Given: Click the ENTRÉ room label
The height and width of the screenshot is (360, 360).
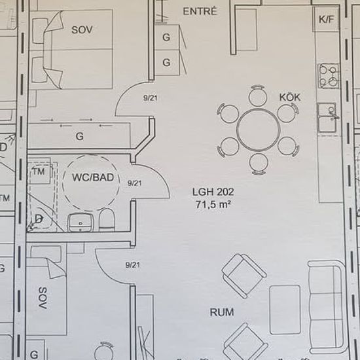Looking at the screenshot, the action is click(x=200, y=11).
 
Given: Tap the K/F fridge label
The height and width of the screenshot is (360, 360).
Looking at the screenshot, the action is click(x=326, y=20).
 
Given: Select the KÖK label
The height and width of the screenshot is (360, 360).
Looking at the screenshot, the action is click(x=290, y=98).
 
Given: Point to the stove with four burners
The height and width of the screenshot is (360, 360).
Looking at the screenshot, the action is click(x=329, y=76).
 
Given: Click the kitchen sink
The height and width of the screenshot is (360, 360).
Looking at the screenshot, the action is click(x=327, y=118).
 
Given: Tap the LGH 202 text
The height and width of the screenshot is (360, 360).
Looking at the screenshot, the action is click(x=213, y=192).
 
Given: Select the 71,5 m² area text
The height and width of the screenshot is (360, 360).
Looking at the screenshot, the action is click(x=213, y=204).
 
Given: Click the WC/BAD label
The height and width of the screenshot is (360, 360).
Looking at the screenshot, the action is click(x=93, y=177).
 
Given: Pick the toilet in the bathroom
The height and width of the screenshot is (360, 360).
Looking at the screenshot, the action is click(x=107, y=219).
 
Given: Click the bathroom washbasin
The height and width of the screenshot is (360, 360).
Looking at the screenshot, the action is click(x=80, y=223).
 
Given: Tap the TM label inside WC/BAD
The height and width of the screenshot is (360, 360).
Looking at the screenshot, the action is click(x=39, y=171).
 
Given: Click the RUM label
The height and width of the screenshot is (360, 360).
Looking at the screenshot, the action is click(x=222, y=312).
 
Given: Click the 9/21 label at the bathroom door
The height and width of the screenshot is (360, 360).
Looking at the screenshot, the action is click(x=134, y=183).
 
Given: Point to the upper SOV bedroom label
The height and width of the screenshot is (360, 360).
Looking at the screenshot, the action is click(x=82, y=30).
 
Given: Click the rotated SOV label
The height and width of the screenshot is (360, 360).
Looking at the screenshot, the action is click(x=43, y=298).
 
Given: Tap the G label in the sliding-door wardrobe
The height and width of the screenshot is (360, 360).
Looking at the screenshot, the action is click(x=79, y=136).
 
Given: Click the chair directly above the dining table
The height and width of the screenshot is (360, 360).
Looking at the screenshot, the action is click(x=258, y=96).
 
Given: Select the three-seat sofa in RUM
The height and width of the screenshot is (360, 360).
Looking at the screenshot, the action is click(x=326, y=306).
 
